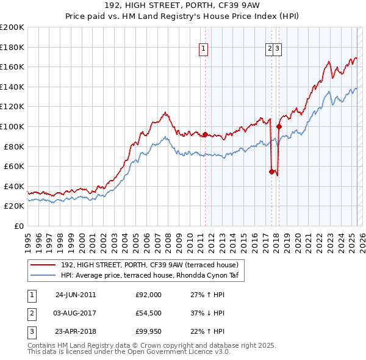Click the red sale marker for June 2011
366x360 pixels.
click(x=205, y=134)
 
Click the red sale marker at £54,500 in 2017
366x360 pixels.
click(x=271, y=171)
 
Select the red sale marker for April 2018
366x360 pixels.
click(x=279, y=127)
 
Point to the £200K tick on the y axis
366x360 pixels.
click(x=12, y=27)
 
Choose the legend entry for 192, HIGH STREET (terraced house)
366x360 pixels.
click(x=152, y=265)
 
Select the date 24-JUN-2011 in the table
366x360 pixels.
click(x=76, y=295)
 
